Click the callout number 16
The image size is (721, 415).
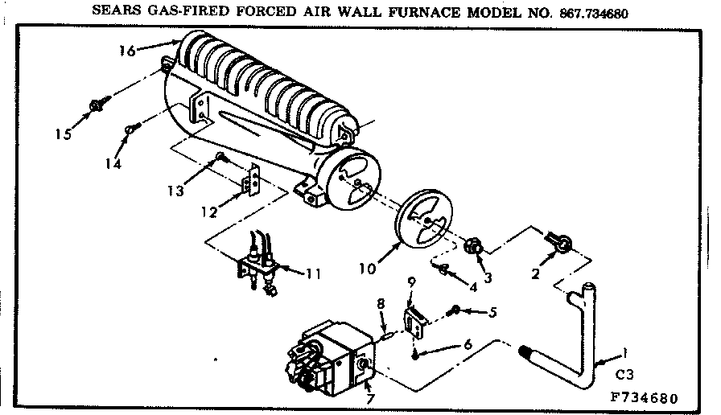(x=126, y=51)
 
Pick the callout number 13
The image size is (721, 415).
(x=175, y=191)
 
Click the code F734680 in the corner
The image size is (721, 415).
(x=645, y=398)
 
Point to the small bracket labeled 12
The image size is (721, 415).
(x=253, y=180)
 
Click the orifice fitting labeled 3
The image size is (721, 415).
(x=476, y=243)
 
